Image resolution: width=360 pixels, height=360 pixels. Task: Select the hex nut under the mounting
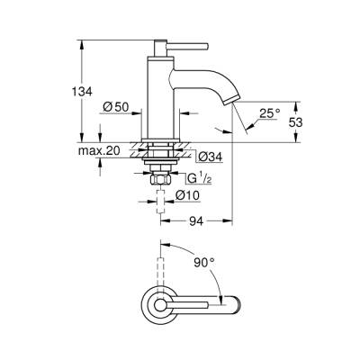pyautogui.click(x=161, y=180)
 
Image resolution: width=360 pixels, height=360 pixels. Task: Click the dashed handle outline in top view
pyautogui.click(x=162, y=265)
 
